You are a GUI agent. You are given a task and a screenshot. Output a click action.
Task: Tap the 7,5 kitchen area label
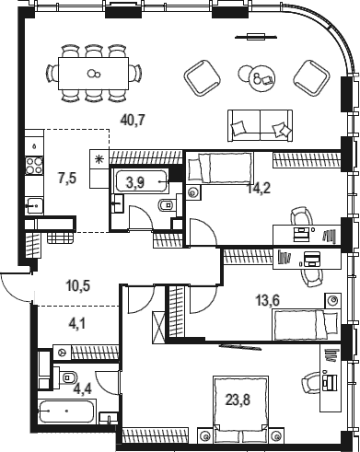click(x=67, y=178)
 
